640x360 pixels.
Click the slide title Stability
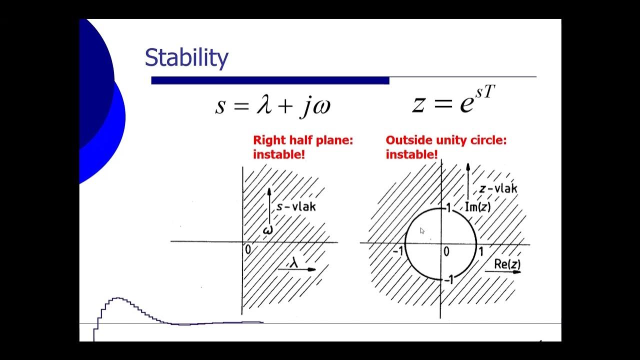186,58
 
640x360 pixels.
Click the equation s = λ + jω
273,105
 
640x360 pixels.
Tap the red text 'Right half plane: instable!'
303,147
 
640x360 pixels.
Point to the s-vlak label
296,206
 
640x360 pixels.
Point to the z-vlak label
498,188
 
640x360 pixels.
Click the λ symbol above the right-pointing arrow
294,261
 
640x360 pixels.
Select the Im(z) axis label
477,206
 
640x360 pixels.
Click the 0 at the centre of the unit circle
446,251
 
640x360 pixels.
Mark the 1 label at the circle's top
449,207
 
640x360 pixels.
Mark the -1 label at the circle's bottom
448,280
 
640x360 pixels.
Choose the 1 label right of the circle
481,251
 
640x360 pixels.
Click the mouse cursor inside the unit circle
422,230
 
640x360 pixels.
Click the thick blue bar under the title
270,80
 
